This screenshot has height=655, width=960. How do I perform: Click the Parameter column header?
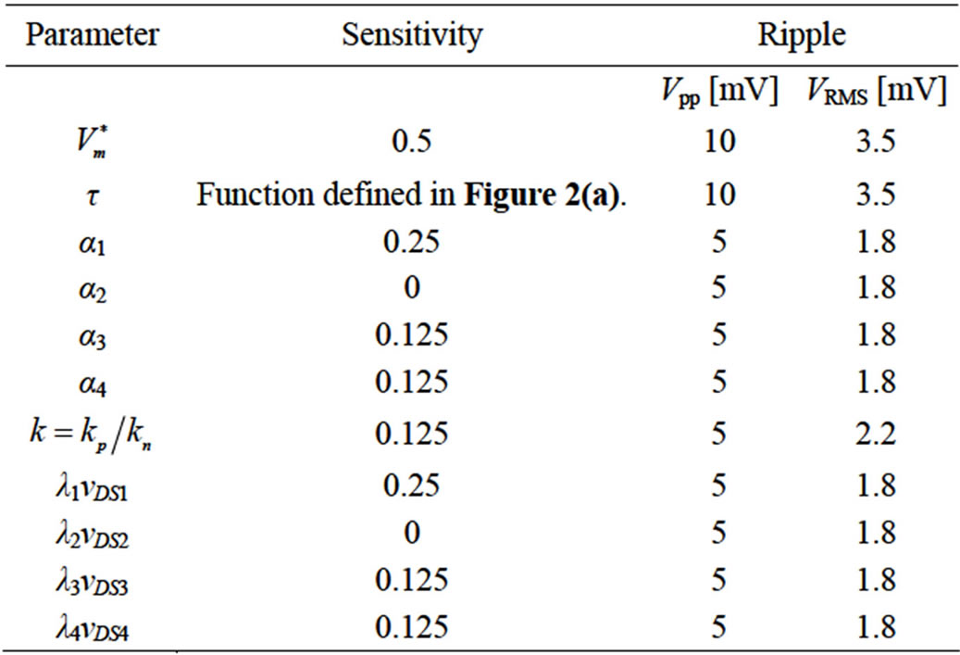pos(92,34)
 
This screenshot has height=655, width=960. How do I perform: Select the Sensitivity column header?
pos(412,35)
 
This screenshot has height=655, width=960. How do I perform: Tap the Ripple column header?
pos(802,35)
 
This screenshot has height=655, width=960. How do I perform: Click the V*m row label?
pos(92,142)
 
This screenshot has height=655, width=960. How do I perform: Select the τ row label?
pos(92,196)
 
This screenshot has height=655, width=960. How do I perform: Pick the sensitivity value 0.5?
pos(412,142)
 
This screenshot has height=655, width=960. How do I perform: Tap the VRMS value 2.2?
pos(876,434)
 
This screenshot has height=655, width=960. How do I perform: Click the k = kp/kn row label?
pos(92,435)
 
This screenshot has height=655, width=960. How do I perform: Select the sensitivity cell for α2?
pos(412,287)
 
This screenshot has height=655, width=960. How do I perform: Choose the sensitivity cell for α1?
pos(411,242)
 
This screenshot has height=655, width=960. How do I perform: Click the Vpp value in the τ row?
pos(719,195)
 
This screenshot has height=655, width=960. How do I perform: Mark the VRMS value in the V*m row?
pos(876,142)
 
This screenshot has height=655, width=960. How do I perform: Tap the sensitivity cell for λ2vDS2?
pos(412,532)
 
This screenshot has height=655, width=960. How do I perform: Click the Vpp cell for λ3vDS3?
pos(719,580)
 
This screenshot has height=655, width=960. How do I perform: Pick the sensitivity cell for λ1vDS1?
pos(411,485)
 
